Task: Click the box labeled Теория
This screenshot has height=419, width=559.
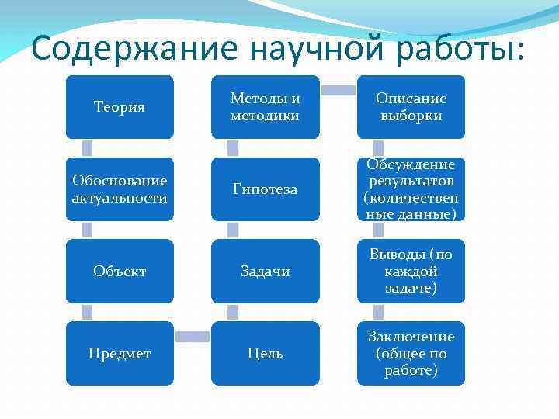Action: tap(120, 107)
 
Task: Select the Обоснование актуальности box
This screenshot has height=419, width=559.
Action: tap(120, 189)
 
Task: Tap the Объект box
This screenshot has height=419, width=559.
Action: tap(120, 272)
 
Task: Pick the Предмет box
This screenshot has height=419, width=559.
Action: tap(120, 354)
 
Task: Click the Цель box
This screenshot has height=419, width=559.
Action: tap(266, 354)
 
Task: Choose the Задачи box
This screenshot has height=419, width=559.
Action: tap(266, 272)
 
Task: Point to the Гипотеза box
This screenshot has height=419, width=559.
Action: tap(266, 189)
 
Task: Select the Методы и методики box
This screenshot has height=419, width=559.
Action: tap(266, 107)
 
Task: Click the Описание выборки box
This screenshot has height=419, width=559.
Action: tap(411, 107)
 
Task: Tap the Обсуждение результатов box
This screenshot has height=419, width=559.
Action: tap(411, 189)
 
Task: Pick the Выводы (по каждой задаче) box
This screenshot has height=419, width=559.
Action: tap(411, 272)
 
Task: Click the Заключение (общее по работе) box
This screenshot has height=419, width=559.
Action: tap(411, 354)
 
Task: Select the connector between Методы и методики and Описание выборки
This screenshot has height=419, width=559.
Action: tap(339, 91)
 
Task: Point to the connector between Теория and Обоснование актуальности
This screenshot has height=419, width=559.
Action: tap(88, 148)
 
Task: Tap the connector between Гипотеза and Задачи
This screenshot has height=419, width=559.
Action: tap(233, 230)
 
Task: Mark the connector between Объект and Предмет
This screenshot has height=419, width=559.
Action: tap(88, 313)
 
